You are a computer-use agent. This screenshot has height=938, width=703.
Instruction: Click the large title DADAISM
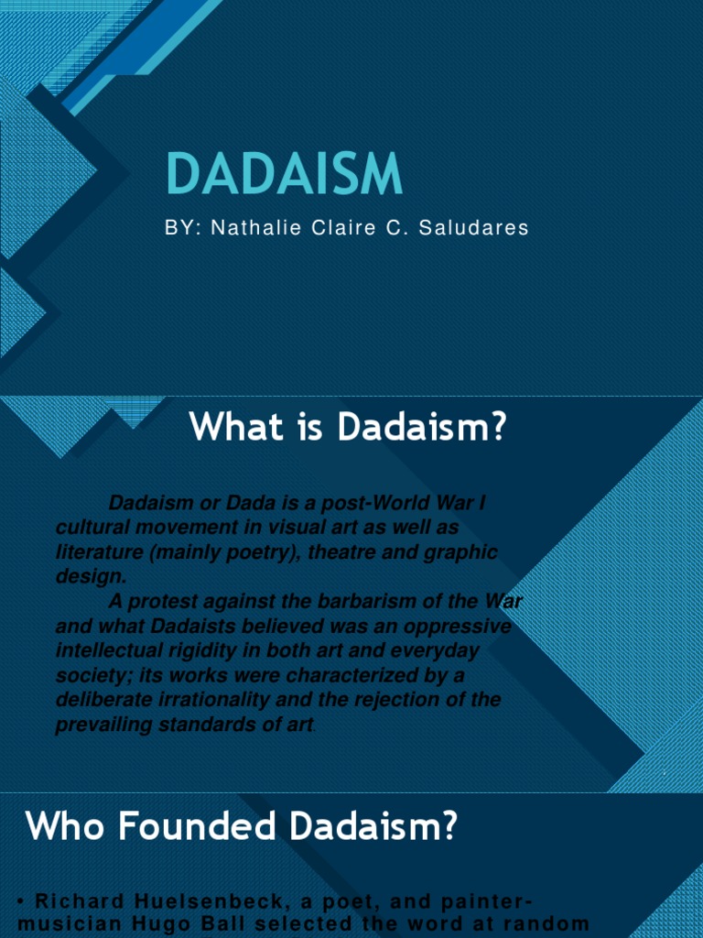pyautogui.click(x=285, y=174)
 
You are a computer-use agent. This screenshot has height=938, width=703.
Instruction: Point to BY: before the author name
pyautogui.click(x=182, y=228)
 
